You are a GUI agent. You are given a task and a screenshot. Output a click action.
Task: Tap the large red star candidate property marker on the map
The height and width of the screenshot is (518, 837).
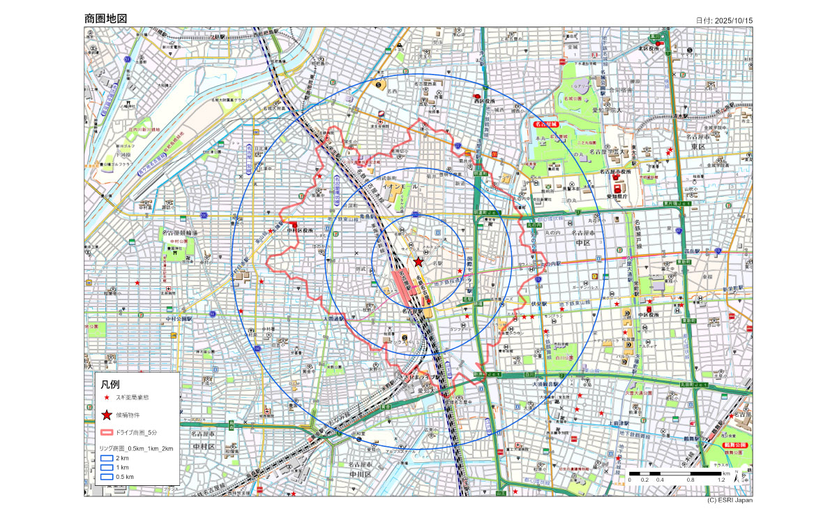pyautogui.click(x=418, y=262)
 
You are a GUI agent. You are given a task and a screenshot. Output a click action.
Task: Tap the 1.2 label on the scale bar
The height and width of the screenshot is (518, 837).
pyautogui.click(x=721, y=480)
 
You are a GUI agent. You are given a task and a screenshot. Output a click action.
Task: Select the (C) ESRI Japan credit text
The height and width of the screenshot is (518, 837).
pyautogui.click(x=729, y=500)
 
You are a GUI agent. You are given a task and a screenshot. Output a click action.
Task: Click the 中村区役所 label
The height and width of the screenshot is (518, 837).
pyautogui.click(x=300, y=230)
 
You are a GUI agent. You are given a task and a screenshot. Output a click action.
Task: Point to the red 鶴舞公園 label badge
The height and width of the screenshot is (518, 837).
pyautogui.click(x=736, y=445)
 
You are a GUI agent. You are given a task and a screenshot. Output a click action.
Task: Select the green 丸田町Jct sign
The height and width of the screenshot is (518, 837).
pyautogui.click(x=697, y=384)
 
